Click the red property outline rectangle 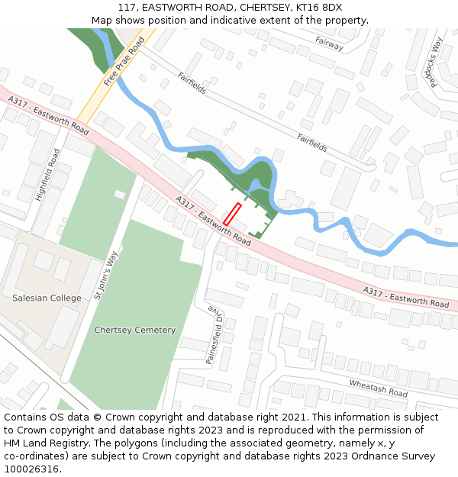(x=232, y=214)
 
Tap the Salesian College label (x=47, y=297)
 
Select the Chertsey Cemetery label (x=134, y=330)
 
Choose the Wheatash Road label (x=379, y=388)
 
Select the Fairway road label (x=330, y=44)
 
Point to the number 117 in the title (x=127, y=8)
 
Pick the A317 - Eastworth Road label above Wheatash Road (x=406, y=297)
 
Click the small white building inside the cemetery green (x=120, y=195)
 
